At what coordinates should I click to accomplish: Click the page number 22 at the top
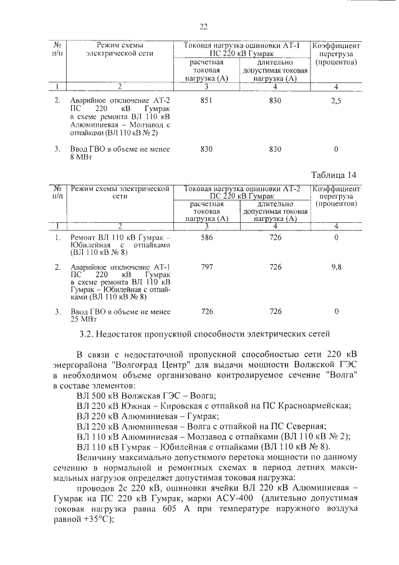pyautogui.click(x=203, y=26)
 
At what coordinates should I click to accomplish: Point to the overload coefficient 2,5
pyautogui.click(x=335, y=101)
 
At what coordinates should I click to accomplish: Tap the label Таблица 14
pyautogui.click(x=335, y=174)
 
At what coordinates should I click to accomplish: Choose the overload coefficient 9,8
pyautogui.click(x=335, y=267)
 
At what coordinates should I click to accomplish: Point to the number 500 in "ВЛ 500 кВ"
pyautogui.click(x=100, y=395)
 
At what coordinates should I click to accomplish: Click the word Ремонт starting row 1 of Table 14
pyautogui.click(x=84, y=238)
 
